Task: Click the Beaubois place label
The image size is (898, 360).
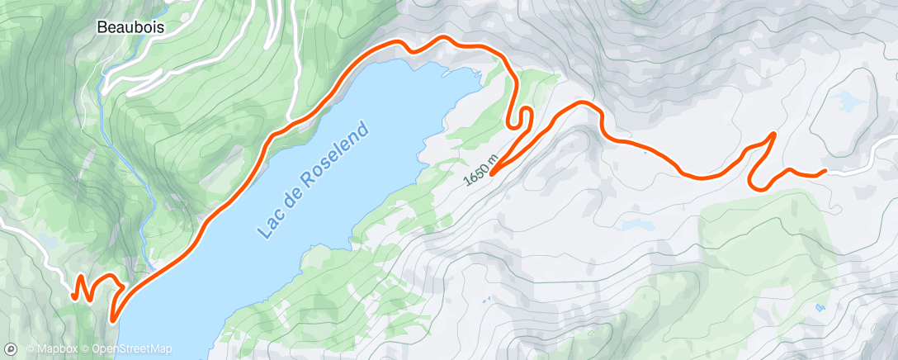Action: point(130,27)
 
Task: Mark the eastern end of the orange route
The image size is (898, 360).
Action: point(825,172)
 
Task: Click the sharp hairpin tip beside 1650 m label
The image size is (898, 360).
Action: point(492,173)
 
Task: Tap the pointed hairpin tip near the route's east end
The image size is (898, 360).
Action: point(773,133)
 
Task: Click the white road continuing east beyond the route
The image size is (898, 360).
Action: point(858,167)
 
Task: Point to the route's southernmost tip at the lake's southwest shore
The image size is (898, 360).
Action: point(112,318)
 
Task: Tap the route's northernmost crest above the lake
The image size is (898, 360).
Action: point(446,39)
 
